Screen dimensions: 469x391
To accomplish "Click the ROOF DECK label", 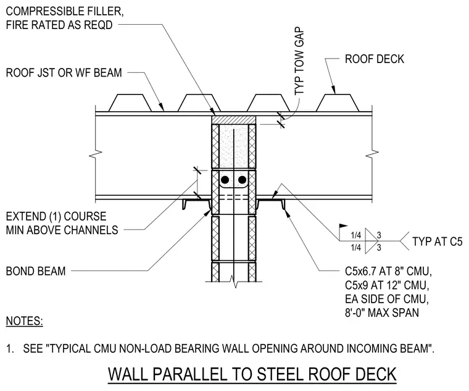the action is tap(374, 59).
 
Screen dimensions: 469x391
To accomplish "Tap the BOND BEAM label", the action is tap(36, 271).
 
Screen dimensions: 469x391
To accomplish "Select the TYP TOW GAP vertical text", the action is tap(299, 61).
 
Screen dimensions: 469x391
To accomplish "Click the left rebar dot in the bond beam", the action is tap(225, 180).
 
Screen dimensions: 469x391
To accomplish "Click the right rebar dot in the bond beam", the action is tap(242, 180).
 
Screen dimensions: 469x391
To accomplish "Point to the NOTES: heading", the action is tap(25, 321).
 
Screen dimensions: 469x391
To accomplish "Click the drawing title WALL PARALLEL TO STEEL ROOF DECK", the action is tap(252, 374).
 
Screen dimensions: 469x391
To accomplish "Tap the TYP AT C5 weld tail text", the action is tap(438, 242).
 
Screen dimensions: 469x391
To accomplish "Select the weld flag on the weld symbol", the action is tap(343, 225).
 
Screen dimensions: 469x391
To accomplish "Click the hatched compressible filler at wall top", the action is tap(234, 119).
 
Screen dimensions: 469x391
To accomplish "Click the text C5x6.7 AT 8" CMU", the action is tap(388, 271).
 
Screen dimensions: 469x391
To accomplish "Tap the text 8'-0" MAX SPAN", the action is tap(381, 313).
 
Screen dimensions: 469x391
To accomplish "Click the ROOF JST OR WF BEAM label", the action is tap(64, 73).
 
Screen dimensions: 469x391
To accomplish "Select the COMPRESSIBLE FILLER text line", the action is tap(65, 11).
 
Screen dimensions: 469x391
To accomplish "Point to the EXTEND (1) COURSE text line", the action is tap(56, 216).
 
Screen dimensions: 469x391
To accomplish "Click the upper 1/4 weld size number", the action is tap(356, 235).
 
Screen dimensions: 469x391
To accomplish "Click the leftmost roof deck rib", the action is tap(129, 103).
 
